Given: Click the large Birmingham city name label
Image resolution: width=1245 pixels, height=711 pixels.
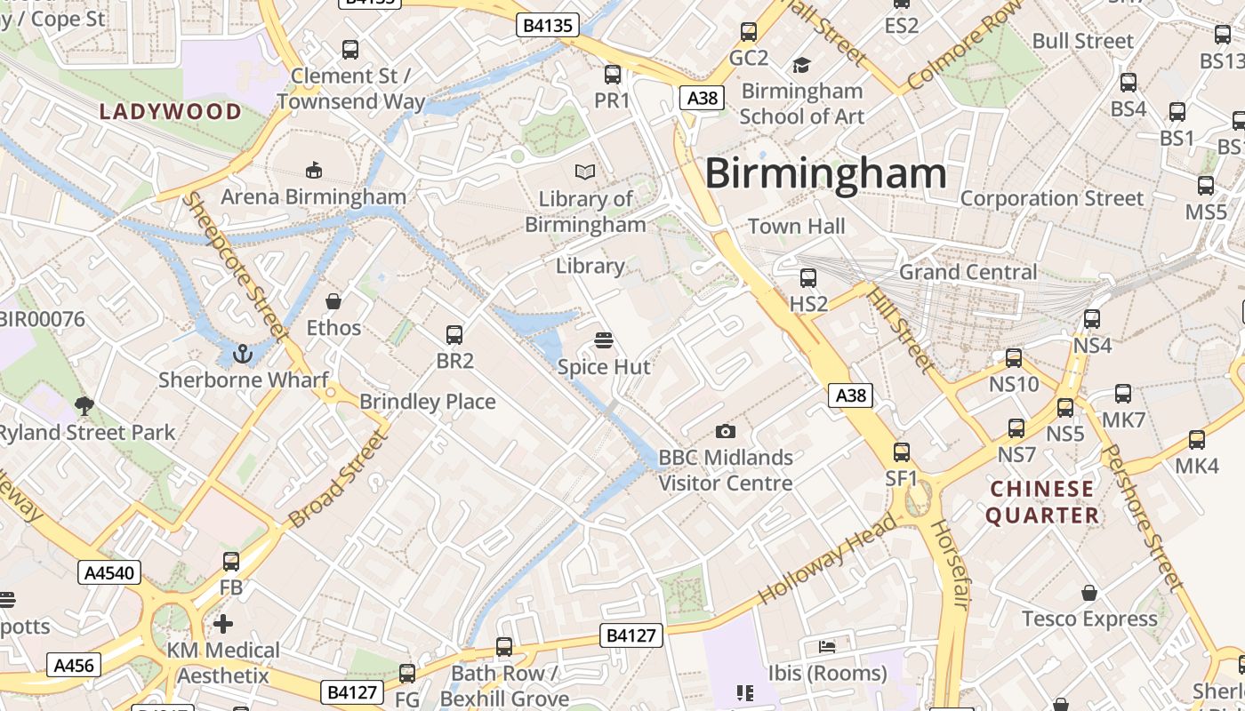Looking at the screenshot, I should [825, 173].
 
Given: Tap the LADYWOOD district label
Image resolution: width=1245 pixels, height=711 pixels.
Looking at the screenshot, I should [170, 112].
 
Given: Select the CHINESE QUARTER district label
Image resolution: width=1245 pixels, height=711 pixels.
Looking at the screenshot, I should [1041, 502].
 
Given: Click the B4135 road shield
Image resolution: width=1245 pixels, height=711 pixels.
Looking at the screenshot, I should [548, 25].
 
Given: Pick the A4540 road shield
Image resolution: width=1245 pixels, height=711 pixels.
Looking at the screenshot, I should [109, 572].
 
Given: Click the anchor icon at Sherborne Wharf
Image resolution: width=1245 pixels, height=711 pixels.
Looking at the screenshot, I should [242, 355].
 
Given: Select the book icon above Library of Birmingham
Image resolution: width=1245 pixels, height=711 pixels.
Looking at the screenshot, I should [584, 172].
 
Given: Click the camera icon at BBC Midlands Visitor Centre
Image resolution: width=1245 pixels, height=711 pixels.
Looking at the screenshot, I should [725, 432].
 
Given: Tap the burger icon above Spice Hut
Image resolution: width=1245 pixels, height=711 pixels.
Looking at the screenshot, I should [604, 340].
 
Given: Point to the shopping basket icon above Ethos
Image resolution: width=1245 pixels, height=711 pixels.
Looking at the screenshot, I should [333, 302].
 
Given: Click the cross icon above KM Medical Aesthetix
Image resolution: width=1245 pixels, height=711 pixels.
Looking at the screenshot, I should [223, 624].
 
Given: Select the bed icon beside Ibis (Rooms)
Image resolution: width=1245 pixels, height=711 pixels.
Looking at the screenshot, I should [827, 646].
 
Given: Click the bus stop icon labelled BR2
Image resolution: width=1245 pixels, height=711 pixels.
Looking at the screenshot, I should [454, 335].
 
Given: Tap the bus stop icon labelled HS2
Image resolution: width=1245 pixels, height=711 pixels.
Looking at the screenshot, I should [807, 278].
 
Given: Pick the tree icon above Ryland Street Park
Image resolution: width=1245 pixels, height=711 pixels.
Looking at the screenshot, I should [84, 406].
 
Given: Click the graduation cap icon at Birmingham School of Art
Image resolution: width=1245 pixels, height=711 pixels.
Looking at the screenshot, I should [801, 65].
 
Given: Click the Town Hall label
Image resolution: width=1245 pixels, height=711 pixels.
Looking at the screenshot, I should [796, 227].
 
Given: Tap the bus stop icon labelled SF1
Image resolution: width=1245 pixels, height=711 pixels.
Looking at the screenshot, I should [902, 452].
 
